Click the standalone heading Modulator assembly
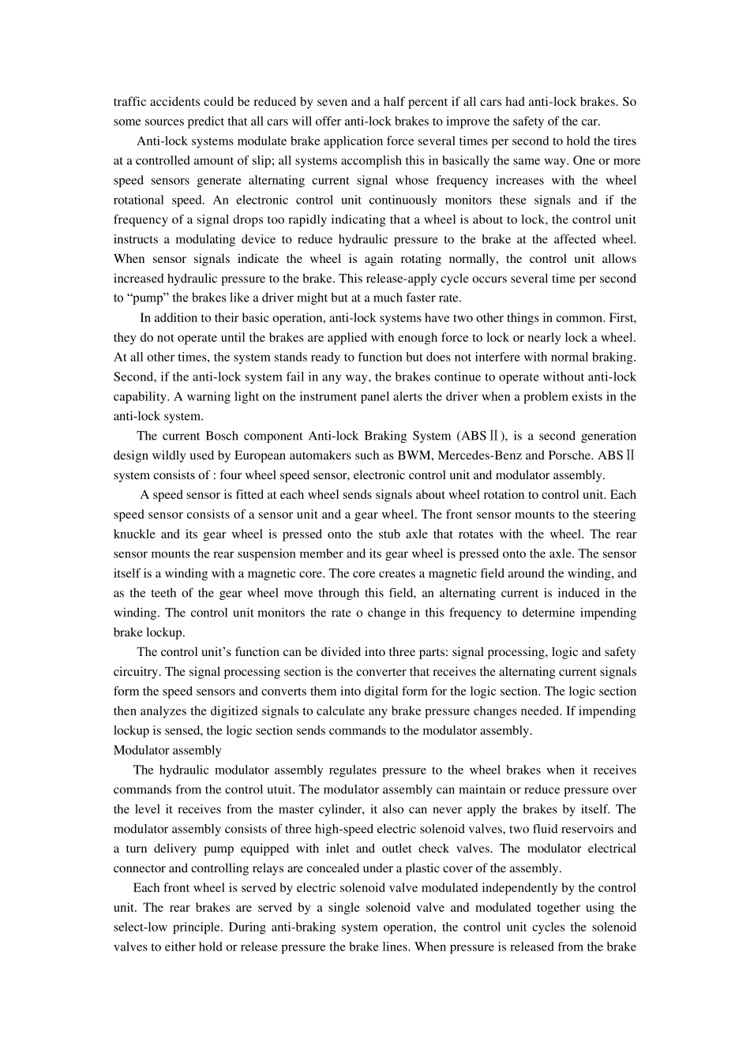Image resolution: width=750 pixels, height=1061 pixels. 167,750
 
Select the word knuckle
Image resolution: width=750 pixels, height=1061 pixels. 135,534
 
